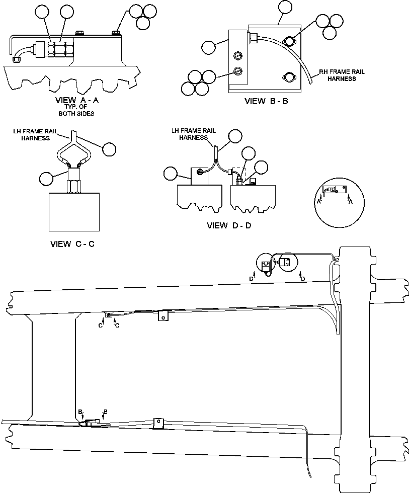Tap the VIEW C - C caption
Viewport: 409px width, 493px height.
point(72,244)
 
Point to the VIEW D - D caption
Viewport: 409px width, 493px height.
point(229,225)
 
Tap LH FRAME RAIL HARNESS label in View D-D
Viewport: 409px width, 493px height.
point(194,134)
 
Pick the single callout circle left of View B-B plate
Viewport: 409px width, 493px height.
point(209,47)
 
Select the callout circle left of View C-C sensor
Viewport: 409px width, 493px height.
point(47,178)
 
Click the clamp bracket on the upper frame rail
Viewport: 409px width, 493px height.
point(162,316)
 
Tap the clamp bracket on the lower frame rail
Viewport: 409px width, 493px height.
point(158,423)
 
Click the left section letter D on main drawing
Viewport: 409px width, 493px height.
point(252,278)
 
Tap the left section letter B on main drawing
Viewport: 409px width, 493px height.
point(80,412)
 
